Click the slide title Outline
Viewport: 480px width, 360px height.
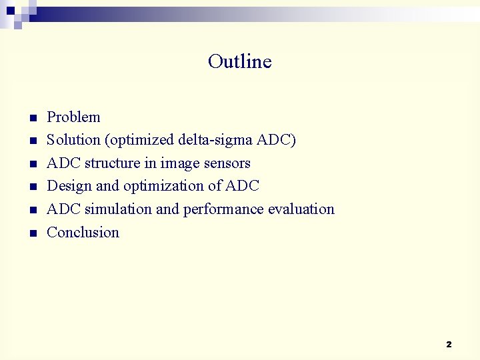(239, 61)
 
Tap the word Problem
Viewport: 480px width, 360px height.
(73, 117)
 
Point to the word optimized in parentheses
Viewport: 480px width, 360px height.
(141, 141)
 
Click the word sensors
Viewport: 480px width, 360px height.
(228, 163)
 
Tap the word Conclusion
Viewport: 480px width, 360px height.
(83, 233)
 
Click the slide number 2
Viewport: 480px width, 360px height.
(449, 345)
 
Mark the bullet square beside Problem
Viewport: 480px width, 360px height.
(31, 119)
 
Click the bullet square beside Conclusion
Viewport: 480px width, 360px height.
(31, 234)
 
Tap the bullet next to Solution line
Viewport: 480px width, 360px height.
(31, 141)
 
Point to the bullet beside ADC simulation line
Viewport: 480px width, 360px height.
(31, 211)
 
